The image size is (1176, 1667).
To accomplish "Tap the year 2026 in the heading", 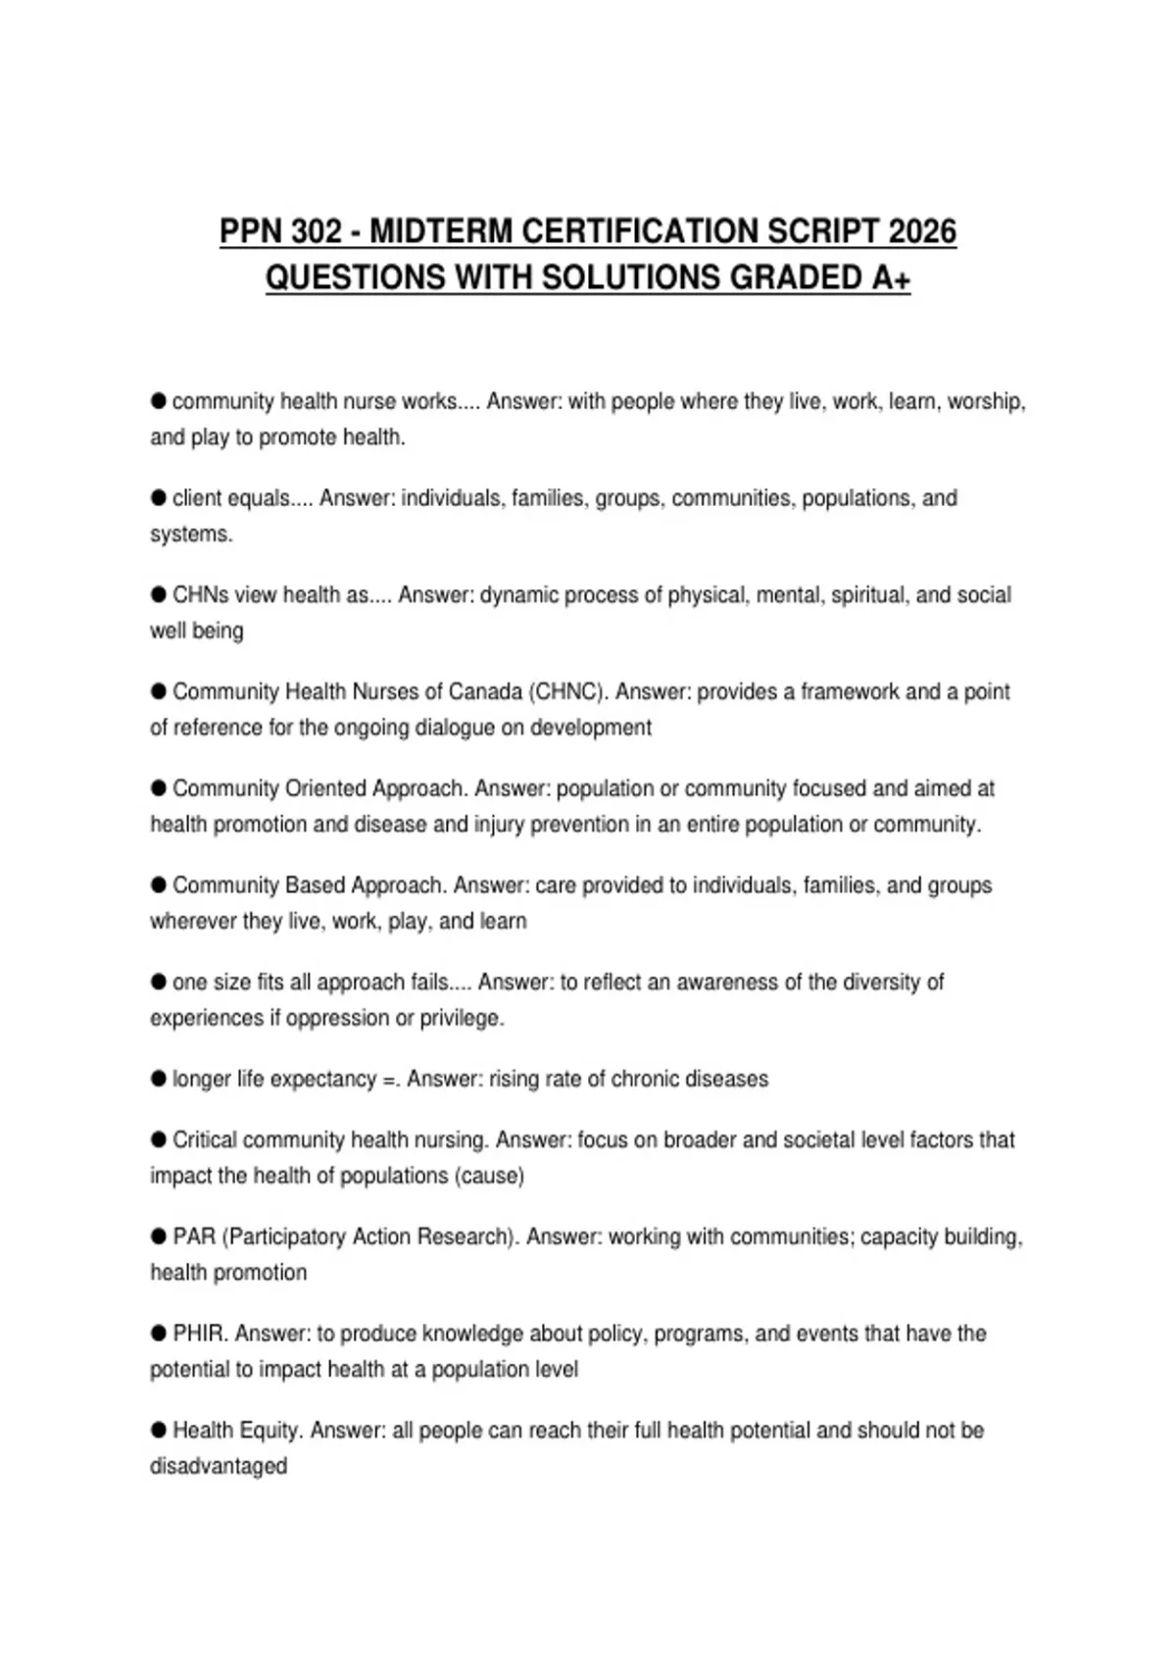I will pyautogui.click(x=921, y=231).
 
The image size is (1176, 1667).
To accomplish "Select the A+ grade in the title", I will pyautogui.click(x=890, y=278).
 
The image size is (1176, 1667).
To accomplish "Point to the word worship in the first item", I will pyautogui.click(x=985, y=401).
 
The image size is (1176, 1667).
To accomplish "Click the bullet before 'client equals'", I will pyautogui.click(x=159, y=497).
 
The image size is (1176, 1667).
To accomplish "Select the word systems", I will pyautogui.click(x=190, y=534).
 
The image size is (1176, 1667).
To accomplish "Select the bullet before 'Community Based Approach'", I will pyautogui.click(x=159, y=884).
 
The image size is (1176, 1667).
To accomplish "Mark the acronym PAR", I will pyautogui.click(x=194, y=1237).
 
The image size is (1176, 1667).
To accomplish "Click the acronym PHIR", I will pyautogui.click(x=200, y=1334).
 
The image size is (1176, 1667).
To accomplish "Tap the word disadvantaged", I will pyautogui.click(x=219, y=1466).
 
